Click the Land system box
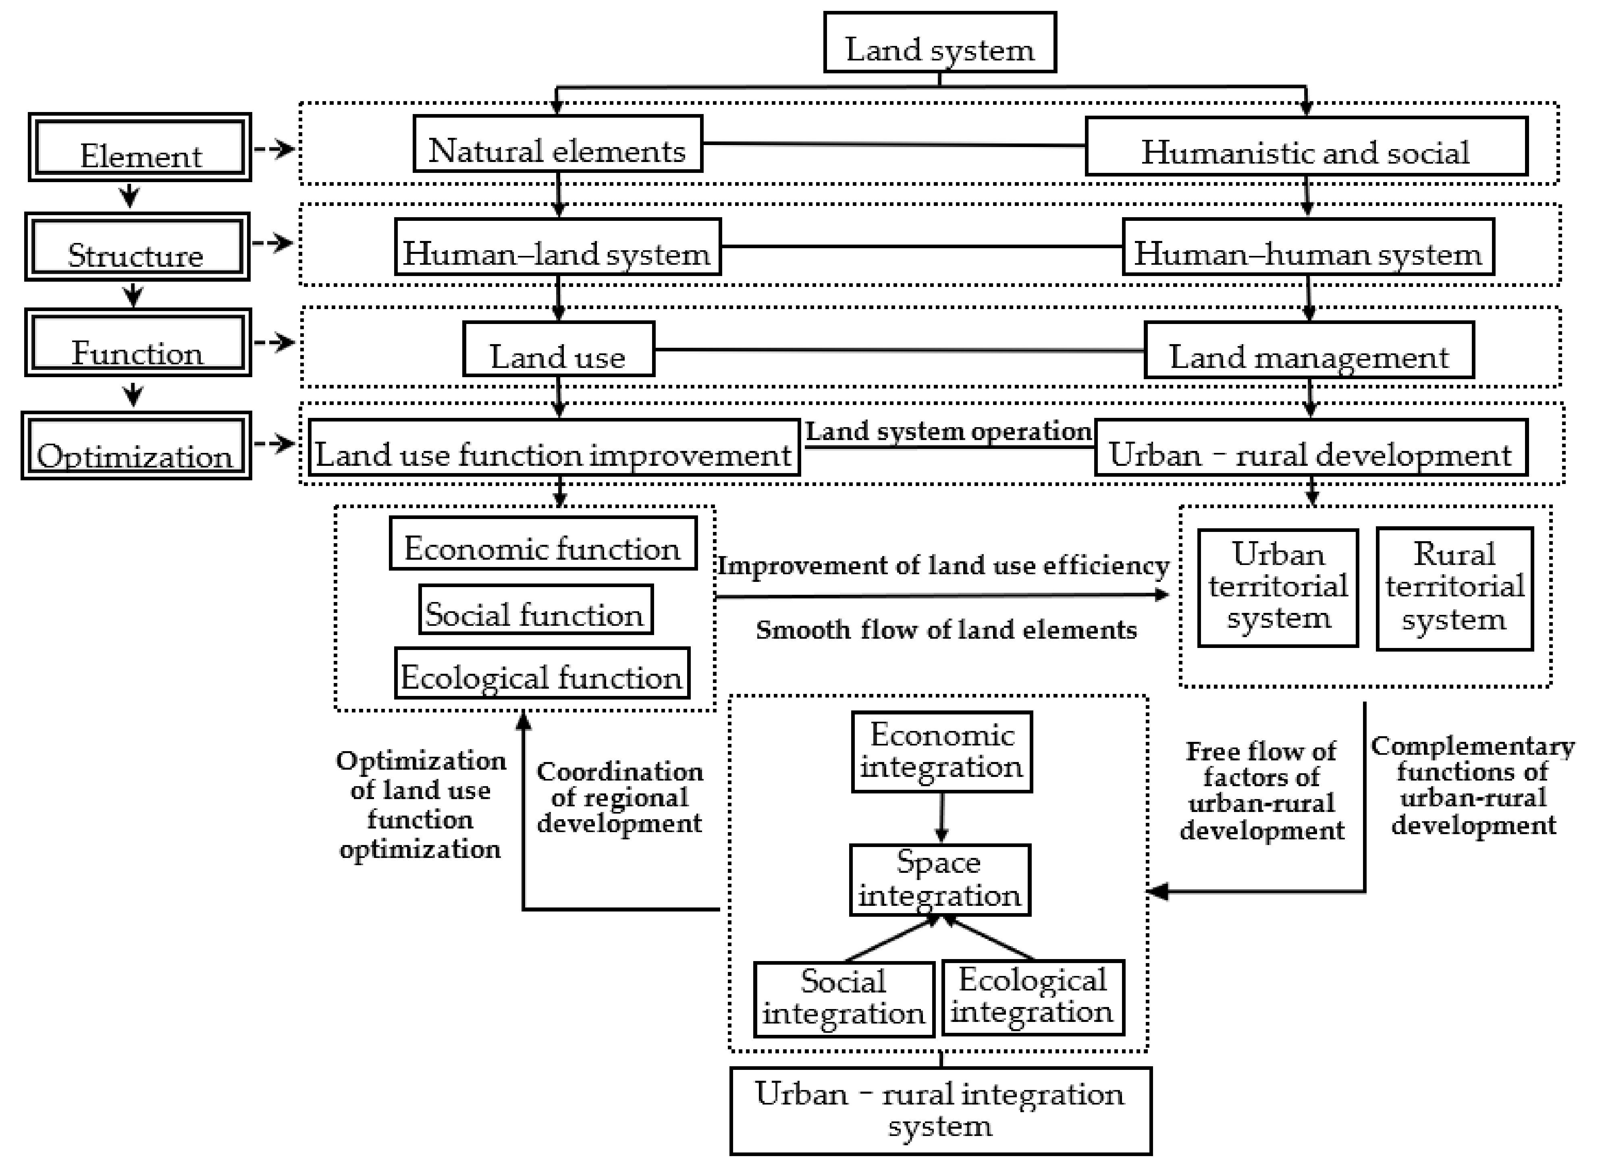pyautogui.click(x=939, y=42)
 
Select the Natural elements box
pyautogui.click(x=557, y=144)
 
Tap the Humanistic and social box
pyautogui.click(x=1306, y=147)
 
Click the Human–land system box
pyautogui.click(x=557, y=247)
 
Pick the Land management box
pyautogui.click(x=1309, y=350)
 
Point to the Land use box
pyautogui.click(x=558, y=349)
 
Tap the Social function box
pyautogui.click(x=536, y=610)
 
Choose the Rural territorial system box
pyautogui.click(x=1455, y=589)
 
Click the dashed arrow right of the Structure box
pyautogui.click(x=273, y=243)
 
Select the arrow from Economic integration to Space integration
pyautogui.click(x=941, y=817)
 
